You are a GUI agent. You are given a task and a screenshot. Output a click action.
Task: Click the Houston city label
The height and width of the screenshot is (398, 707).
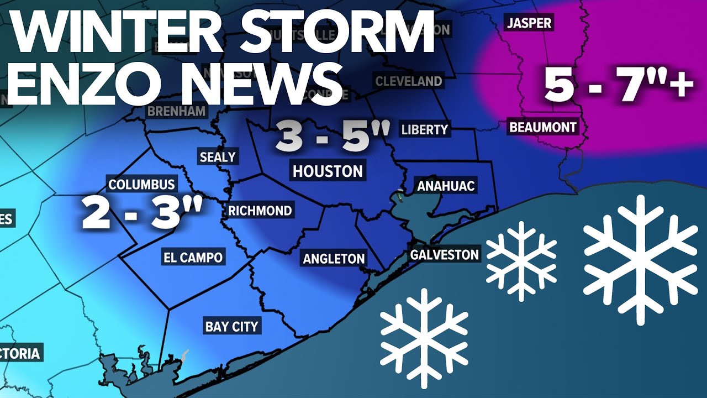click(328, 171)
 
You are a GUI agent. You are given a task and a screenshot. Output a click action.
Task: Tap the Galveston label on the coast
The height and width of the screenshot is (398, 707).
click(444, 255)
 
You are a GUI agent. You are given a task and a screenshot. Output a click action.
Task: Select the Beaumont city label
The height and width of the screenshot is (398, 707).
click(542, 127)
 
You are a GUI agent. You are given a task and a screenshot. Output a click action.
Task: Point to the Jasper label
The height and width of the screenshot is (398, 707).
click(529, 23)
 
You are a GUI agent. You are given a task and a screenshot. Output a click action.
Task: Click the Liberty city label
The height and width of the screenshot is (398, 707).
click(424, 130)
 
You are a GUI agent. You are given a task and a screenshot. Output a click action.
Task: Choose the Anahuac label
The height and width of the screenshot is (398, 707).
click(446, 186)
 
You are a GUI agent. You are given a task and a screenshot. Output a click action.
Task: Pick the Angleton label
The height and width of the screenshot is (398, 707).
click(334, 258)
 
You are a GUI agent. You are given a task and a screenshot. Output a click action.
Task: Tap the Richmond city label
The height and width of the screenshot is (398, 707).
click(260, 211)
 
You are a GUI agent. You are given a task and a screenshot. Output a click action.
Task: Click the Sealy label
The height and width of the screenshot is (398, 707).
click(218, 157)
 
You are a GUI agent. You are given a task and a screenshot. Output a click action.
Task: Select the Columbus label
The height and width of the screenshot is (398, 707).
click(141, 185)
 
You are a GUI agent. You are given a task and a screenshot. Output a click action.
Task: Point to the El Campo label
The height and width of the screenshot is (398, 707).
click(193, 257)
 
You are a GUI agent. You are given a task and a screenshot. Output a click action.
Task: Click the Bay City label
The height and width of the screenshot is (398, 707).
click(231, 326)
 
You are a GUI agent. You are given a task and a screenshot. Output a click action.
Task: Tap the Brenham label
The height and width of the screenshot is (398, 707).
click(176, 111)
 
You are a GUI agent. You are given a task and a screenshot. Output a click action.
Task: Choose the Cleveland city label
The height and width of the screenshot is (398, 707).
click(409, 81)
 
